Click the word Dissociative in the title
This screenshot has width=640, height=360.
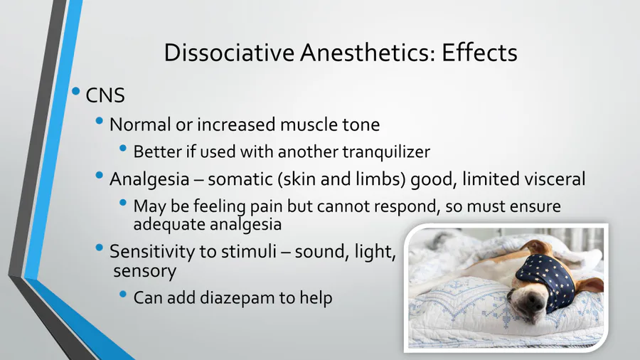(229, 52)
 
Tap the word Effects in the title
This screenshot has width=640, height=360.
(479, 52)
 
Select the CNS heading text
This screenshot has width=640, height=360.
(105, 95)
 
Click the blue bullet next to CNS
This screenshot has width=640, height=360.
(76, 91)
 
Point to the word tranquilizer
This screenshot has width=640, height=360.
(386, 152)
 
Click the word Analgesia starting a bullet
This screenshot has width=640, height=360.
(149, 179)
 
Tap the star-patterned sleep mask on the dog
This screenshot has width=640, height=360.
(545, 278)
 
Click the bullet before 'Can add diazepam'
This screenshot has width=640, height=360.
(123, 294)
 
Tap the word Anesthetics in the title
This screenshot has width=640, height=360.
(368, 52)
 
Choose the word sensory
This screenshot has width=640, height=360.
(145, 271)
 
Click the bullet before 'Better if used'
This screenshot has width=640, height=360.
(123, 148)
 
